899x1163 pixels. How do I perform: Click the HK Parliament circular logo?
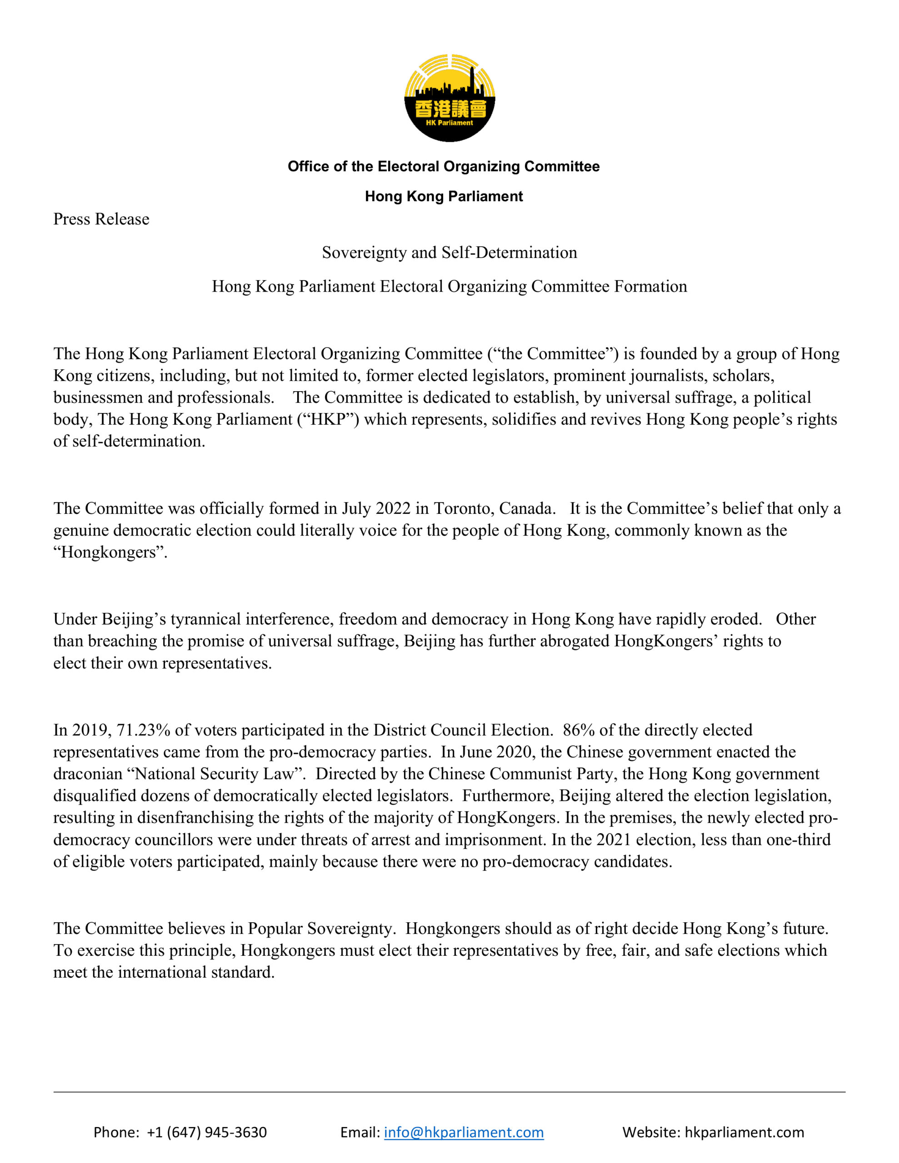[449, 98]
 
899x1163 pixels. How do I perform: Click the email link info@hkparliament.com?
[464, 1132]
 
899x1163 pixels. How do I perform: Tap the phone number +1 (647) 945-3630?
[207, 1132]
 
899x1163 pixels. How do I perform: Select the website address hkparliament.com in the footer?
[744, 1132]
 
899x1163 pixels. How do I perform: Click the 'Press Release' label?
[101, 219]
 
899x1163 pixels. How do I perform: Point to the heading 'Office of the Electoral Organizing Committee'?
[444, 167]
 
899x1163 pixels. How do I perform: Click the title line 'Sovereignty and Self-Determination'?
[449, 253]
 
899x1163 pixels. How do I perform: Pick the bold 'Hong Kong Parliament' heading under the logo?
[444, 197]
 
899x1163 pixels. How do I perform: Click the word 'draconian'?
[88, 774]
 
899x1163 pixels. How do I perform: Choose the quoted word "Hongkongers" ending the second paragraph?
[110, 552]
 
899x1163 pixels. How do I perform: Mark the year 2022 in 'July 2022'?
[393, 508]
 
